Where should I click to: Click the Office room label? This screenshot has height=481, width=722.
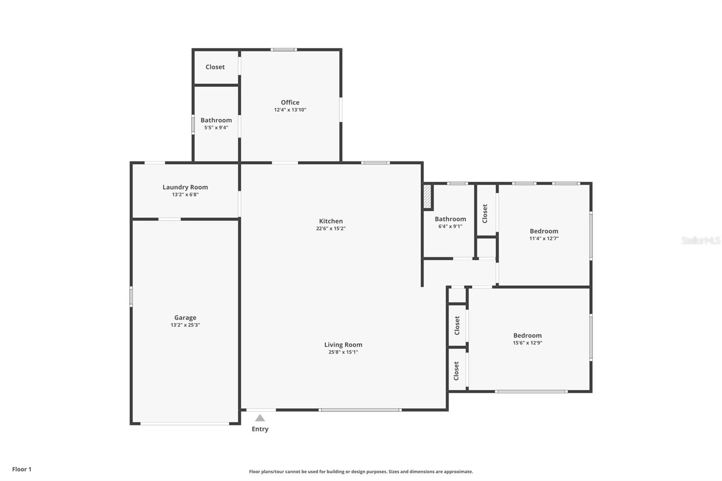coord(290,102)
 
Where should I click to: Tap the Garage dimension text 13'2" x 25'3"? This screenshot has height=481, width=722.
coord(185,325)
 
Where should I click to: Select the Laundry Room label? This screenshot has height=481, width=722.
coord(185,187)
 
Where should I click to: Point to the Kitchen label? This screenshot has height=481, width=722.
coord(331,221)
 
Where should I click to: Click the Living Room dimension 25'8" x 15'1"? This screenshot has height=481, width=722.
coord(343,352)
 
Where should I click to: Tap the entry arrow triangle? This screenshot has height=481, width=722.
coord(260,418)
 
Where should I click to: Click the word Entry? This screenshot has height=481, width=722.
coord(260,429)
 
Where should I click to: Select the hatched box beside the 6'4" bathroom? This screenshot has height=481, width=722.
coord(427,197)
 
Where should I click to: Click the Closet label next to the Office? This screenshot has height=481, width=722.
coord(215,67)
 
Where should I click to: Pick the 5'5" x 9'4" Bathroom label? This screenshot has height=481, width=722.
coord(216,120)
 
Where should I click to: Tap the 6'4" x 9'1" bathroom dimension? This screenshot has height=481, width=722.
coord(450,227)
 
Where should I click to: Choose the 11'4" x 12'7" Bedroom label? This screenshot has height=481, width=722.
coord(544,231)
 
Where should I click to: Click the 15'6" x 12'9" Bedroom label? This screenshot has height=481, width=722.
coord(527,335)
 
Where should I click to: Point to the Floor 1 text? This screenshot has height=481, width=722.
coord(22,469)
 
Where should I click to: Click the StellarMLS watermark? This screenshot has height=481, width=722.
coord(700,240)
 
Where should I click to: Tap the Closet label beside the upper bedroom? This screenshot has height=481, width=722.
coord(485,213)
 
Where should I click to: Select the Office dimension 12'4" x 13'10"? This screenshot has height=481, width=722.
coord(290,110)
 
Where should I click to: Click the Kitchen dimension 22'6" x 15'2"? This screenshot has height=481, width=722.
coord(331,228)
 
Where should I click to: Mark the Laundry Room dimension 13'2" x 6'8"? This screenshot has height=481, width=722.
coord(185,194)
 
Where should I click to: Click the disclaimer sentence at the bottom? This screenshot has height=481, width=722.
coord(361,472)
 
